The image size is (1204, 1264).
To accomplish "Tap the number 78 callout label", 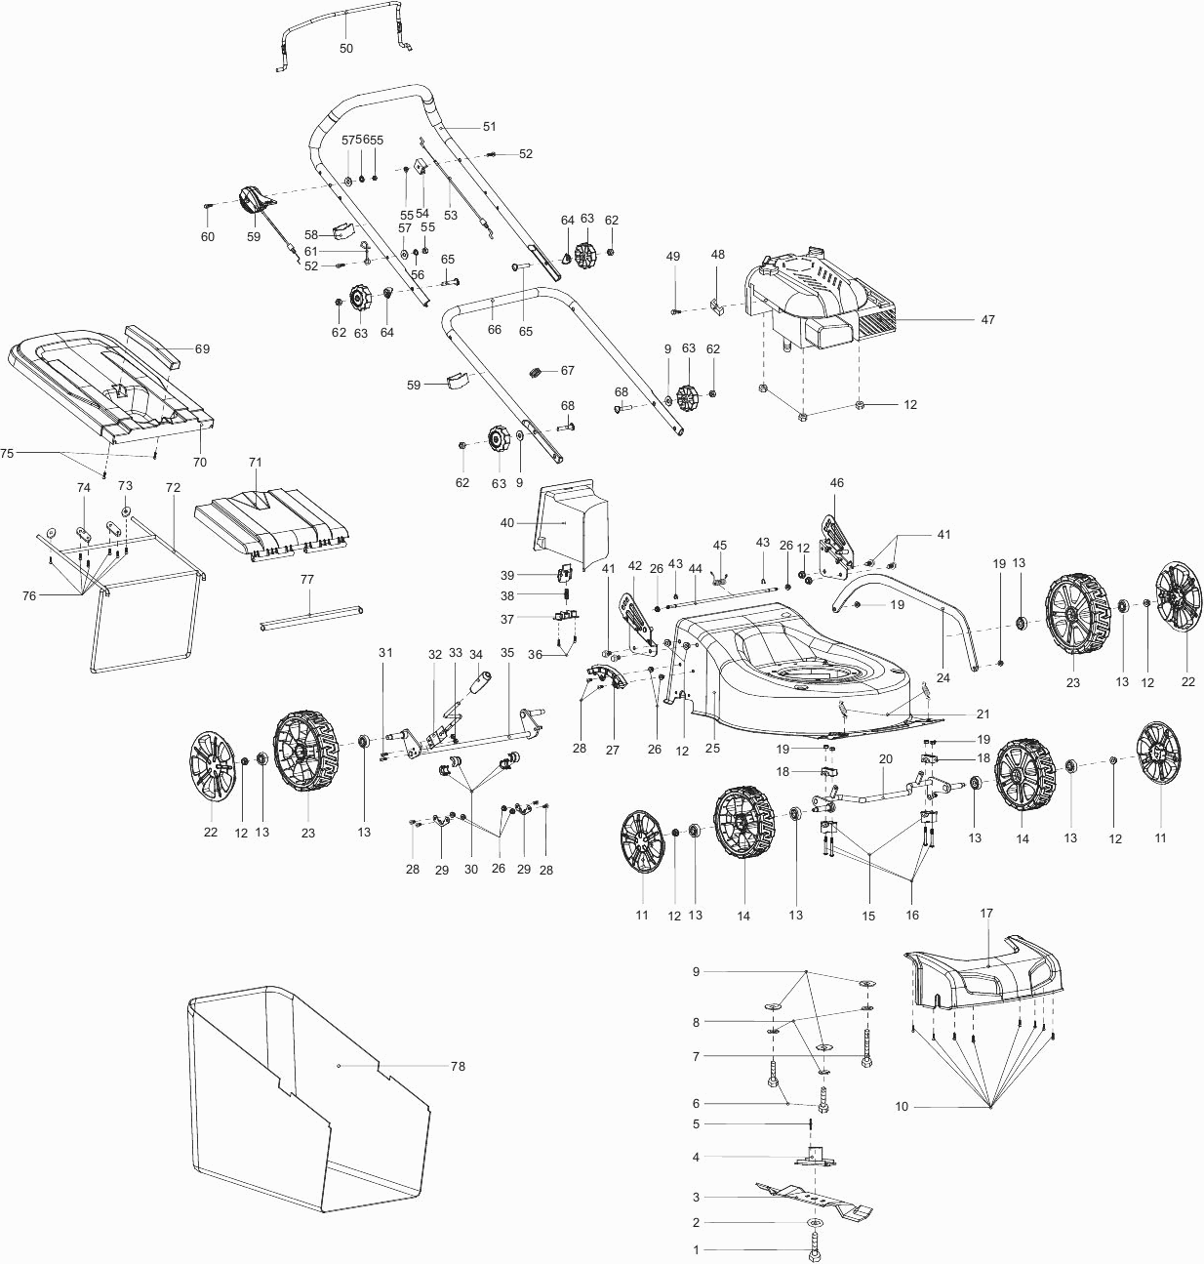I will coord(458,1066).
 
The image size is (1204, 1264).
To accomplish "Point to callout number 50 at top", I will coord(346,48).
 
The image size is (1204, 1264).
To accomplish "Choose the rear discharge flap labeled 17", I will coord(985,971).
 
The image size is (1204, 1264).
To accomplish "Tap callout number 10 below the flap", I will coord(902,1106).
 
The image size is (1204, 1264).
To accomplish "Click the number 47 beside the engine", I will coord(987,319).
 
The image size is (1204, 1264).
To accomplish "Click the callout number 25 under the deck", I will coord(712,749).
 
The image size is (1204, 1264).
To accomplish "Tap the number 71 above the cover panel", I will coord(256,461).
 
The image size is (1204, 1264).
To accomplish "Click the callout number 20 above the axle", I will coord(886,758).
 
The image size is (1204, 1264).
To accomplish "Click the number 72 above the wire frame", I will coord(173,486).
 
